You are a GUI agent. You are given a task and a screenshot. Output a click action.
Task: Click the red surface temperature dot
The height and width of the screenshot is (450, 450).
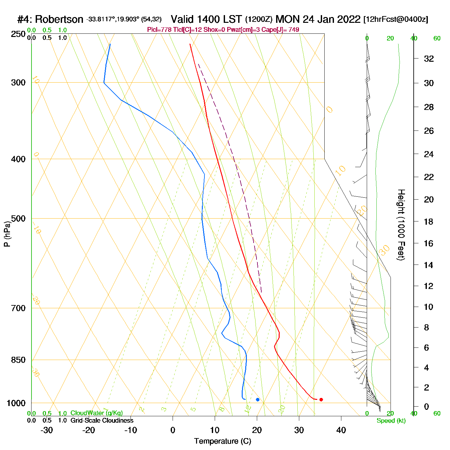coord(321,400)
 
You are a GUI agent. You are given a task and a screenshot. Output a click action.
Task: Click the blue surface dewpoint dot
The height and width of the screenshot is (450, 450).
coord(257,400)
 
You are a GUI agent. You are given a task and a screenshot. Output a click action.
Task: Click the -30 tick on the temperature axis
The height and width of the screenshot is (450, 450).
coord(47,430)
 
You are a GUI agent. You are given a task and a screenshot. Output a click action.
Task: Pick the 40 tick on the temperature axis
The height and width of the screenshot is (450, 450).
coord(341,430)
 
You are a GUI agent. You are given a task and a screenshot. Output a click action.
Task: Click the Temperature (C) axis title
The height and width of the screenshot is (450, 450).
coord(222,441)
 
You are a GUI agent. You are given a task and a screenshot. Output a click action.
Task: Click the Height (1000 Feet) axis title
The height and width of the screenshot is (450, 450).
coord(401,225)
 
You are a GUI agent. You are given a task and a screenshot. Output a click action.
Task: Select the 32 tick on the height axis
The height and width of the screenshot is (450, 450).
coord(429,59)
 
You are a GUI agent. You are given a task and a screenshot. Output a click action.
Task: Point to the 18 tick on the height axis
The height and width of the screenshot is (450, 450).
coord(429,221)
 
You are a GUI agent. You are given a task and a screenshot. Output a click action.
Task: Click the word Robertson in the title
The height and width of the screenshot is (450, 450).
coord(59,20)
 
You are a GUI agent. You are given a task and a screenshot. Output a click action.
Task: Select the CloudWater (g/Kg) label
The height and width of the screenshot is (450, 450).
coord(96,413)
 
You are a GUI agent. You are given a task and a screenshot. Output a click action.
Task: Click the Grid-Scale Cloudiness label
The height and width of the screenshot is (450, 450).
coord(102,420)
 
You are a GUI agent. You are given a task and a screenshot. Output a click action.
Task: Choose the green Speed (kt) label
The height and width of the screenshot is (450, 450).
coord(391,421)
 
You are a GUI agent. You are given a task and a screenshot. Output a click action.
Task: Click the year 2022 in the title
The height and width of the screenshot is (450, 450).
coord(348,19)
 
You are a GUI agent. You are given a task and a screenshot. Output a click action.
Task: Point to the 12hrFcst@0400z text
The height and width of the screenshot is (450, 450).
coord(396,20)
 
